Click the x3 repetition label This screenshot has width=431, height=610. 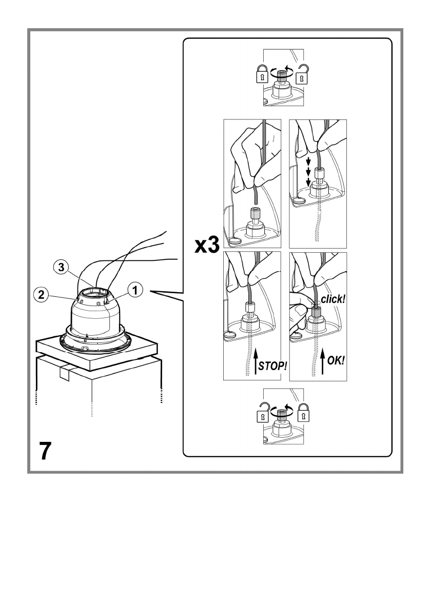(207, 247)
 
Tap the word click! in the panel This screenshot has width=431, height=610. (332, 298)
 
